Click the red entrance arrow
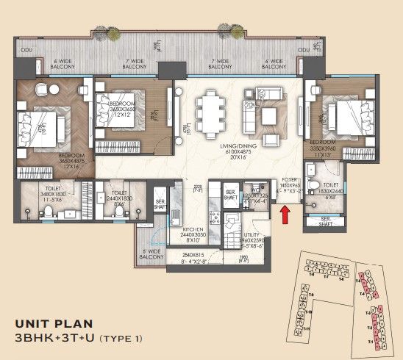pyautogui.click(x=285, y=214)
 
